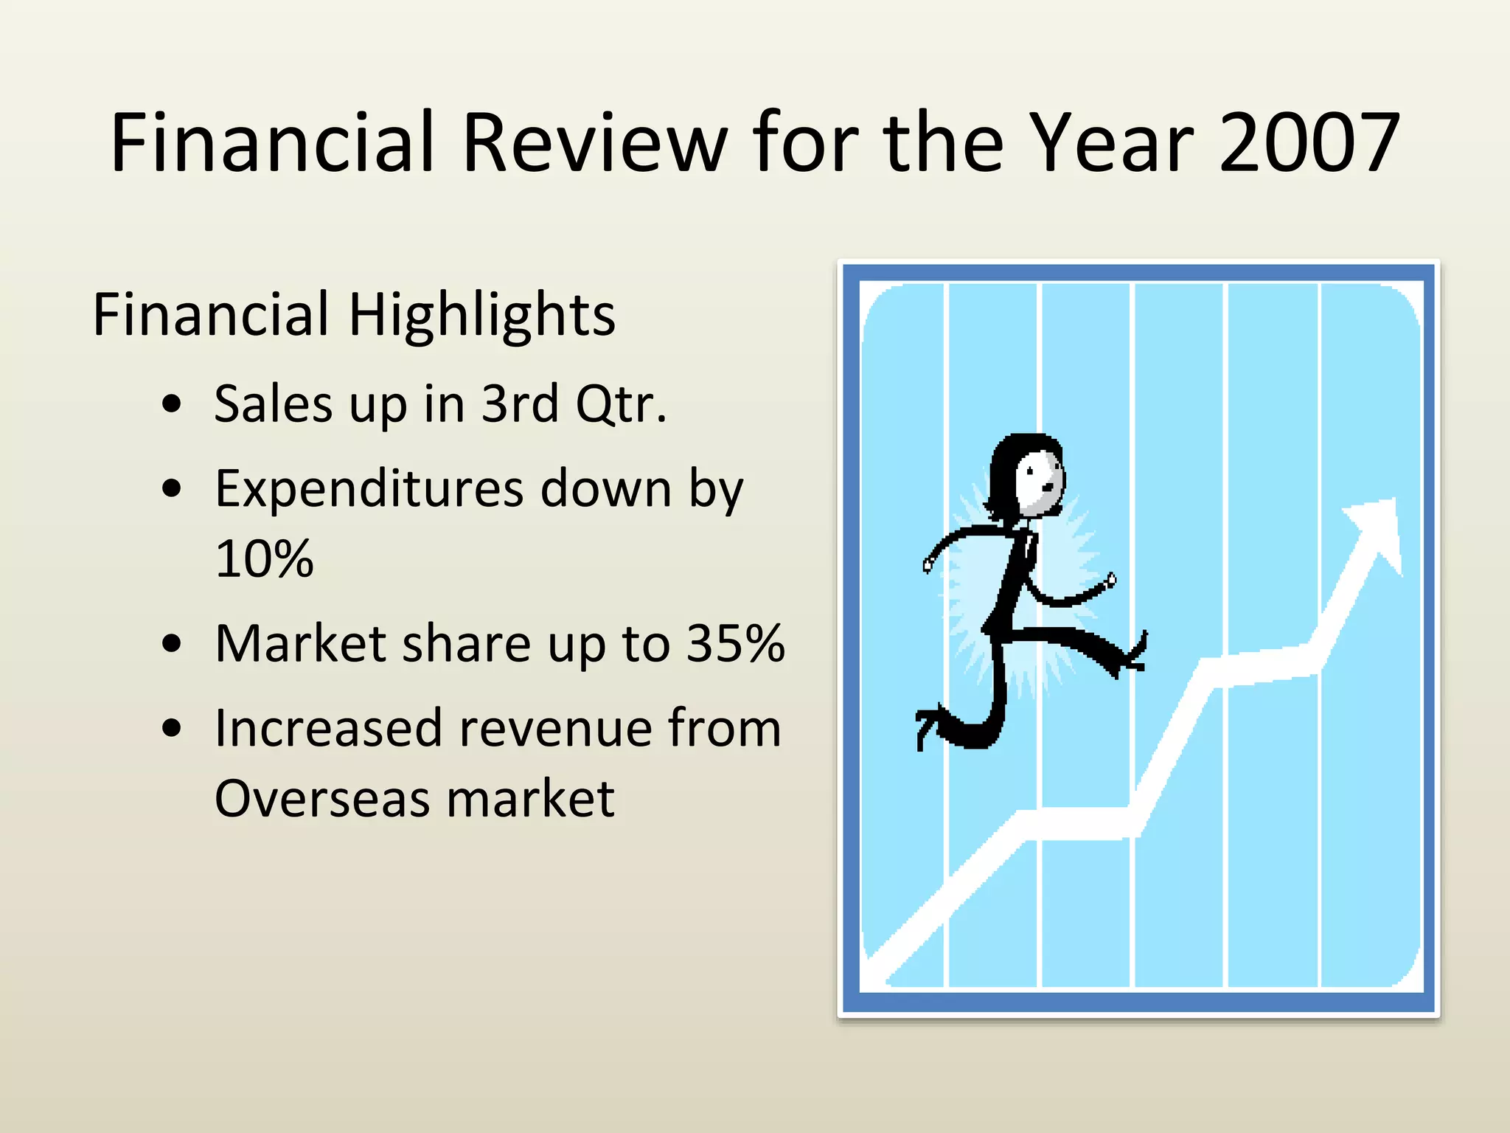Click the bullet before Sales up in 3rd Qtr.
pyautogui.click(x=172, y=403)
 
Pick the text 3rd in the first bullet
pyautogui.click(x=520, y=403)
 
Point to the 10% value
pyautogui.click(x=264, y=558)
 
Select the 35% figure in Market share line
pyautogui.click(x=735, y=643)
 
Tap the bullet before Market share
pyautogui.click(x=172, y=643)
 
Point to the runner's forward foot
pyautogui.click(x=1132, y=656)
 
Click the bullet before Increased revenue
pyautogui.click(x=172, y=729)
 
